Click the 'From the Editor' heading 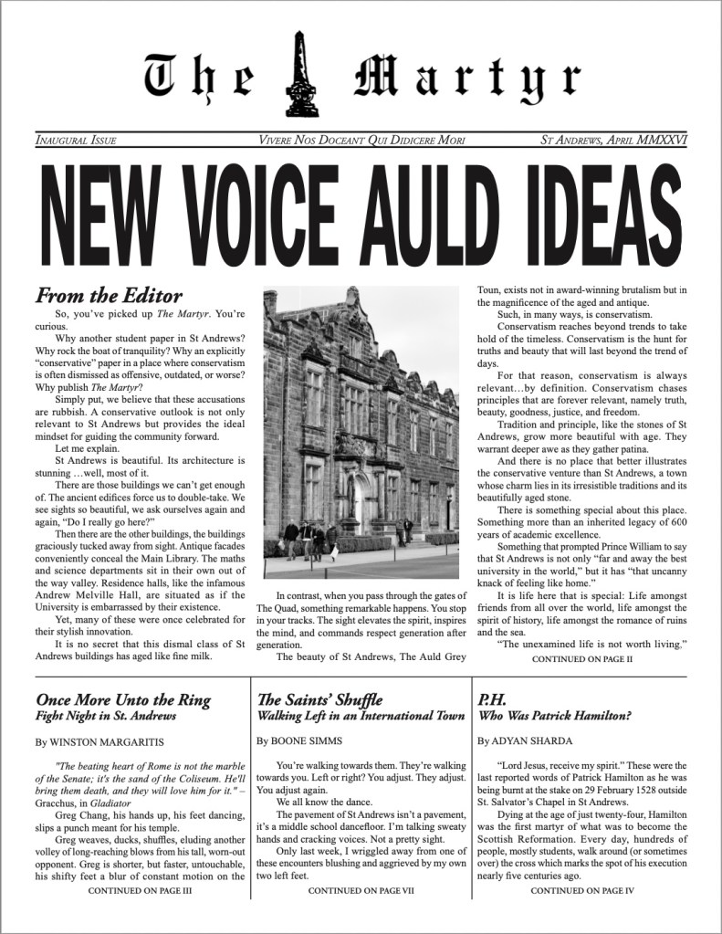(109, 295)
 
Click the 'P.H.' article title (492, 700)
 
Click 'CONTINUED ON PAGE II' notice (581, 657)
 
